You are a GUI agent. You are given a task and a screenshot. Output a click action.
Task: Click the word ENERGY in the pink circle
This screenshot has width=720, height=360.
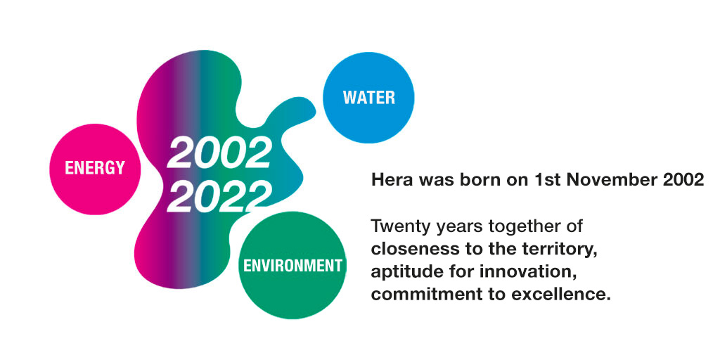tap(95, 168)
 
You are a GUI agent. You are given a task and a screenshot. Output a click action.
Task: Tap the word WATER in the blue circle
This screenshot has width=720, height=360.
tap(368, 97)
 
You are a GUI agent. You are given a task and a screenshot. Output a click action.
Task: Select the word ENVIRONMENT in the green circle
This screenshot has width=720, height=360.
tap(292, 265)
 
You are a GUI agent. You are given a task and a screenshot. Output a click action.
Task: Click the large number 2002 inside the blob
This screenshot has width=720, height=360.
tap(219, 153)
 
